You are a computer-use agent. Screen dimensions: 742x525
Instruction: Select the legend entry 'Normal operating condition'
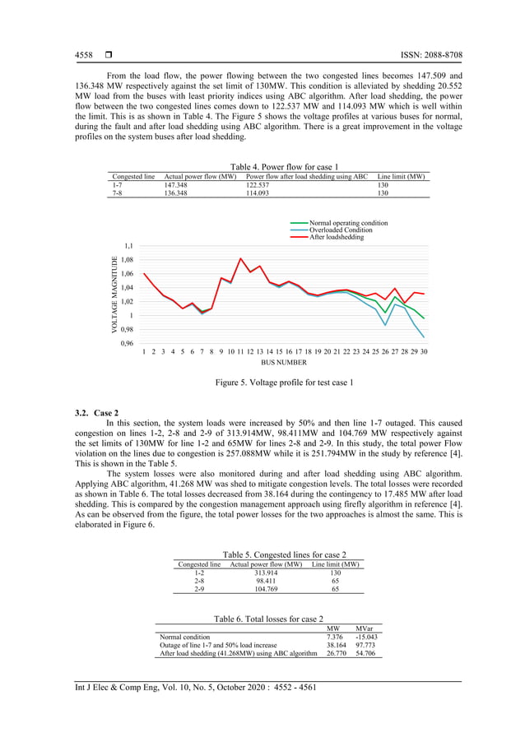click(x=348, y=223)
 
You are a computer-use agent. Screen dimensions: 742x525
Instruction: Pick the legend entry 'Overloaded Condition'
click(x=341, y=230)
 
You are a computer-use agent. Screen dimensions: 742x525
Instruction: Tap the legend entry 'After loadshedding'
click(x=337, y=237)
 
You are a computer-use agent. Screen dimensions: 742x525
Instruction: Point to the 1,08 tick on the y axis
click(x=128, y=260)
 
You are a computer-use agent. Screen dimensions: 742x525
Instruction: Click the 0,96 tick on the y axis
click(x=128, y=343)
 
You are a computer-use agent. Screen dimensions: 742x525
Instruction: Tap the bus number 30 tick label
click(x=423, y=351)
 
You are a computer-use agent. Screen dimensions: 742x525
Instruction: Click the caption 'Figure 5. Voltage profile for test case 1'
click(x=284, y=383)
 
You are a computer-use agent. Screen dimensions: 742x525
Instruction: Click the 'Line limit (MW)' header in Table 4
click(x=401, y=177)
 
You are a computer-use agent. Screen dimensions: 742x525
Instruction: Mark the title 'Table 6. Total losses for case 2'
click(x=268, y=618)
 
